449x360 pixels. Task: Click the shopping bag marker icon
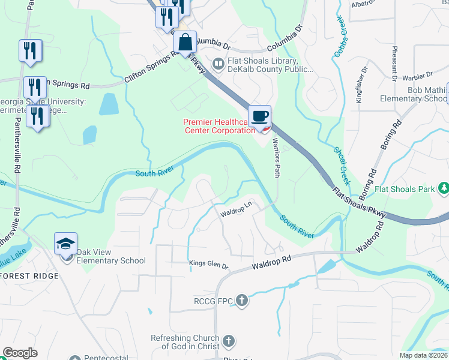[185, 43]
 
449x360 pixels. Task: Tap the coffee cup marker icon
[259, 116]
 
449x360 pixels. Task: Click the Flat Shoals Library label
[262, 65]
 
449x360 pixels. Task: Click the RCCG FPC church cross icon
[241, 300]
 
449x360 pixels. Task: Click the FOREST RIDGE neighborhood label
[30, 276]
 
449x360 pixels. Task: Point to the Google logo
[20, 352]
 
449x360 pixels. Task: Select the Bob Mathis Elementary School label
[418, 94]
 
